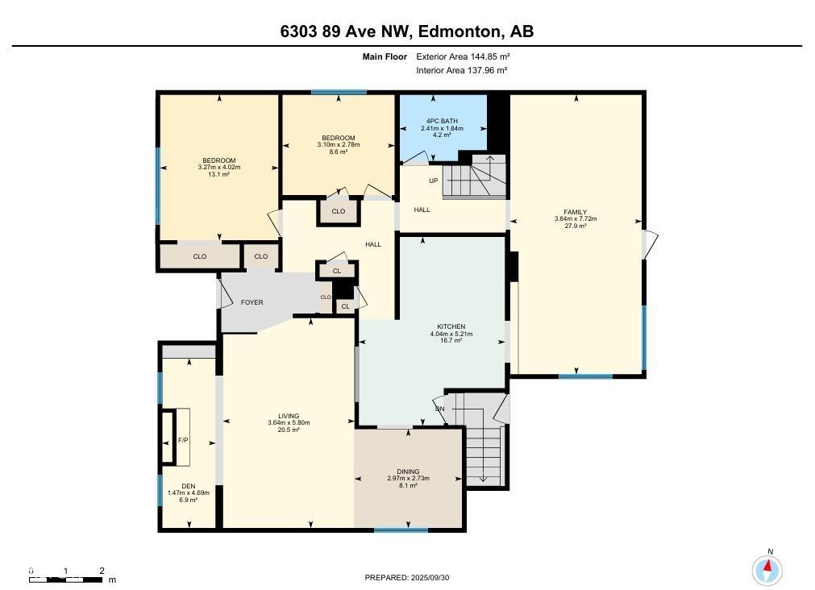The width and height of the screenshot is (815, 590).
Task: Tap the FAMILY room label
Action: (x=576, y=212)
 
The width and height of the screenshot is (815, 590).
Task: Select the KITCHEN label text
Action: (x=451, y=327)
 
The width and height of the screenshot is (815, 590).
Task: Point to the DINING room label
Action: (x=408, y=472)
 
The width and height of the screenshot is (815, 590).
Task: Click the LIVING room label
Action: (x=289, y=416)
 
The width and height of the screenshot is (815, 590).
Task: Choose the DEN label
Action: (x=188, y=487)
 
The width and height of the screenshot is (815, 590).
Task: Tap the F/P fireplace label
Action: (x=183, y=440)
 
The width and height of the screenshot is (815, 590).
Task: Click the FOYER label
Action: (x=252, y=302)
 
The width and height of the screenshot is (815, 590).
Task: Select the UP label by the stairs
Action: (x=434, y=181)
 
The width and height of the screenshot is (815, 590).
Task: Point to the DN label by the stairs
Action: (x=439, y=409)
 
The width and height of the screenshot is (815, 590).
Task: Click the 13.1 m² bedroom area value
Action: (x=218, y=174)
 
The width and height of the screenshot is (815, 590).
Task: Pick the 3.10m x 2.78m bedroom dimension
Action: (x=339, y=144)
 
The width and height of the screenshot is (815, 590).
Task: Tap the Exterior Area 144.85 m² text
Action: (x=463, y=56)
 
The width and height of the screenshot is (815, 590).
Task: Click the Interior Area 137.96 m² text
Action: (x=462, y=70)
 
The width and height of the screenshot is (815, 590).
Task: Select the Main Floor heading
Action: (x=385, y=56)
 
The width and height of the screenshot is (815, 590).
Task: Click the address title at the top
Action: (x=407, y=31)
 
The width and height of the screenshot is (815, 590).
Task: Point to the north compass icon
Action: (x=767, y=570)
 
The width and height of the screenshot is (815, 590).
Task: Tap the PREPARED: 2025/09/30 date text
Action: (x=407, y=578)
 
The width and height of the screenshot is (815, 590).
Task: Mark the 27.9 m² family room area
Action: (x=576, y=226)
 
